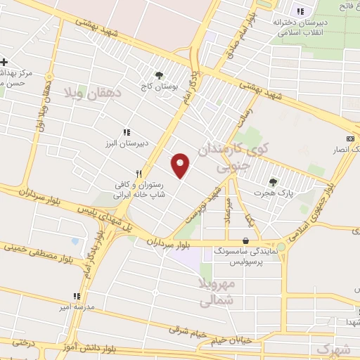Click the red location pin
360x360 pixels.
pos(181,165)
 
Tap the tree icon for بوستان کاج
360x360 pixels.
pos(160,75)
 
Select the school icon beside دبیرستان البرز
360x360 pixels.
pos(127,131)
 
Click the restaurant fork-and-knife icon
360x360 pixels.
pos(139,173)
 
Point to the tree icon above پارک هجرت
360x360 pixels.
pos(274,181)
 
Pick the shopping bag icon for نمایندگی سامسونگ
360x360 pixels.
pos(245,239)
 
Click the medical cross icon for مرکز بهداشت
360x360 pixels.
pos(4,62)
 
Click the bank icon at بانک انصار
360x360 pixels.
pos(350,139)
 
